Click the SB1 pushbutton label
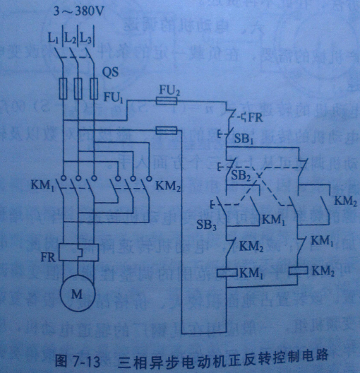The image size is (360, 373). click(x=244, y=141)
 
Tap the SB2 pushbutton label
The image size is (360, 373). click(x=241, y=174)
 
